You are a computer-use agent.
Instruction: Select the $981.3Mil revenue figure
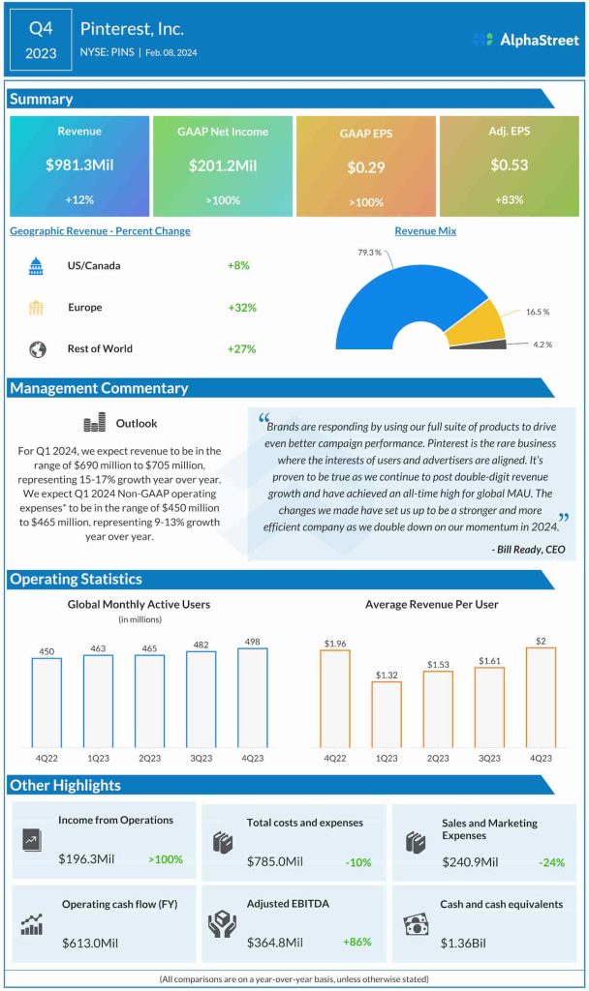(x=79, y=165)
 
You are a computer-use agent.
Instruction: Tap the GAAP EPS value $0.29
(x=366, y=167)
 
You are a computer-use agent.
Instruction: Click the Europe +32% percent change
(x=242, y=308)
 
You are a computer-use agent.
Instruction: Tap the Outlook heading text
(x=137, y=424)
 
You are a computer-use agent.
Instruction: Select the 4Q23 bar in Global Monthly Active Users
(x=252, y=697)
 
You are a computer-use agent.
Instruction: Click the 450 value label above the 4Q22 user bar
(x=46, y=650)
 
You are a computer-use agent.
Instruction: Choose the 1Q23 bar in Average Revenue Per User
(x=387, y=713)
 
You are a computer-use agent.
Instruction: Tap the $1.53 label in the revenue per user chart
(x=438, y=663)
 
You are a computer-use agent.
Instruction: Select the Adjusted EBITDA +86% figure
(x=356, y=942)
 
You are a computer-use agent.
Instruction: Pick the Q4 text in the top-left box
(x=41, y=29)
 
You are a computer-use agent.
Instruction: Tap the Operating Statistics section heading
(x=76, y=580)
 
